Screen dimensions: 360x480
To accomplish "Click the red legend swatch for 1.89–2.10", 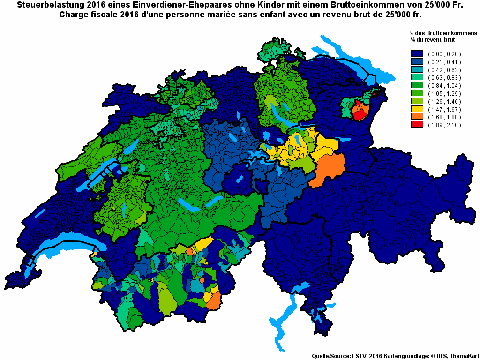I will coord(417,125).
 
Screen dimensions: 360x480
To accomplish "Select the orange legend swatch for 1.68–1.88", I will coord(417,117).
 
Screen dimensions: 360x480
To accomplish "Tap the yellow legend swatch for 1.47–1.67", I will coord(417,109).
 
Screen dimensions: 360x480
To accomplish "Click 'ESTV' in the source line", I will coord(359,356).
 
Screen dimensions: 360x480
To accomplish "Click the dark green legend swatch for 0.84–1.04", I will coord(417,85).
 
